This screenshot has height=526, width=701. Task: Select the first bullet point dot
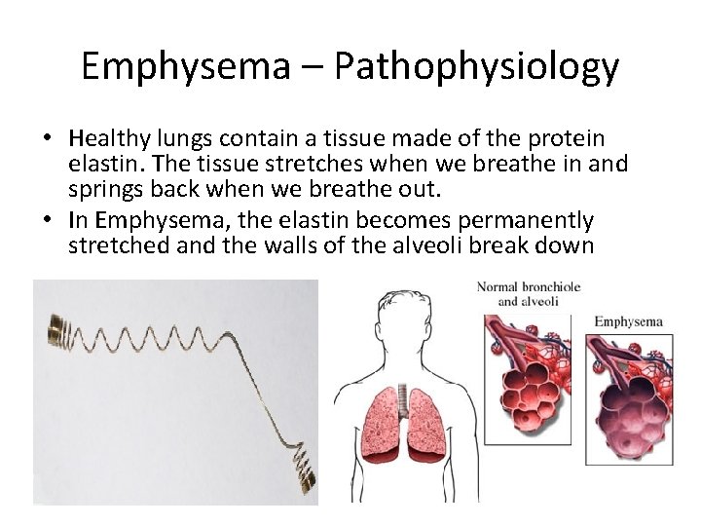(48, 139)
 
